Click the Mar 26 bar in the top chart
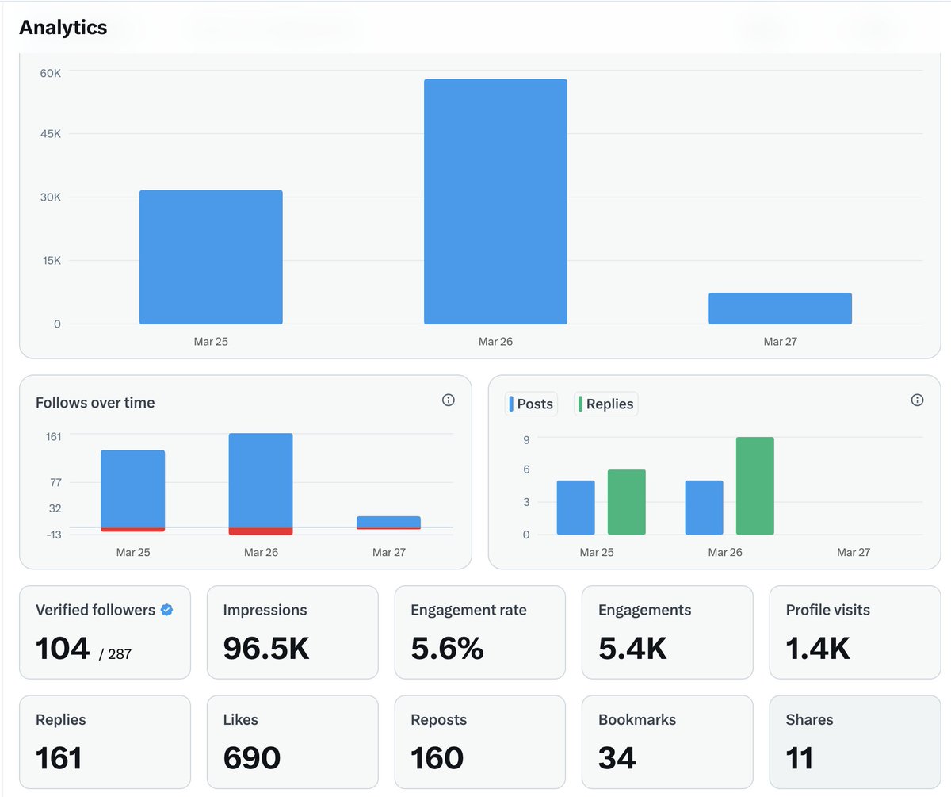[495, 201]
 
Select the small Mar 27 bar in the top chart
[780, 308]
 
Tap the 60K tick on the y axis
[51, 73]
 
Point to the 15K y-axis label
[51, 261]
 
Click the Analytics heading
[63, 28]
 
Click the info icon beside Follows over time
[448, 400]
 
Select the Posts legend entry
[531, 404]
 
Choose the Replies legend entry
[605, 404]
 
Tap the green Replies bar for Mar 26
[754, 485]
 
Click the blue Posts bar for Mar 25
[575, 508]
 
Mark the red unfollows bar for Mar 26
[261, 531]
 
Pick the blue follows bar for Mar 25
[132, 488]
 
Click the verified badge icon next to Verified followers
[166, 610]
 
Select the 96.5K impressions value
[266, 649]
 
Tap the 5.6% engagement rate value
[447, 649]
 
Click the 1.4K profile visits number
[818, 649]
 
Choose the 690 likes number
[251, 758]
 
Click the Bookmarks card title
[637, 720]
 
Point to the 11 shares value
[800, 758]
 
